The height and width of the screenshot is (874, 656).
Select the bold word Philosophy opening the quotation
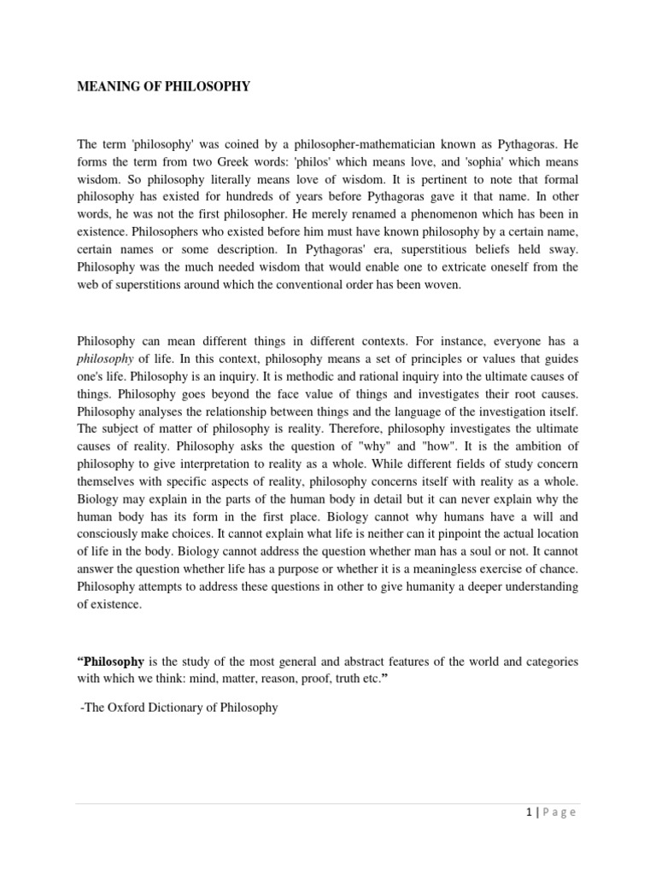[x=110, y=661]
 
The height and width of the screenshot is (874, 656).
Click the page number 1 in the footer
[x=530, y=813]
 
